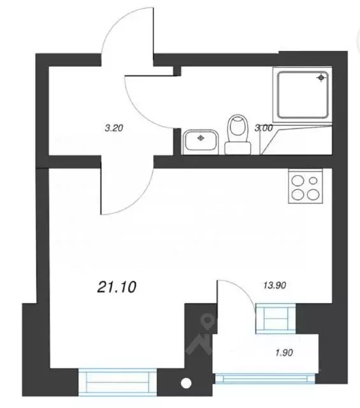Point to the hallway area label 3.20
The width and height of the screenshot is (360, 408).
(x=113, y=127)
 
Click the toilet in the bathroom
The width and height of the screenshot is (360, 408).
(x=238, y=133)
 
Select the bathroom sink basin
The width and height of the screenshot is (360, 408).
(x=201, y=140)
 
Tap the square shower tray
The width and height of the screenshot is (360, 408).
(x=303, y=94)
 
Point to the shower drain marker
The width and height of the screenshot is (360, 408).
(x=321, y=78)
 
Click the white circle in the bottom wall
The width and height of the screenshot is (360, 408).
(x=186, y=384)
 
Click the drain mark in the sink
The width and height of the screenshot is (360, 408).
(x=201, y=136)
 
